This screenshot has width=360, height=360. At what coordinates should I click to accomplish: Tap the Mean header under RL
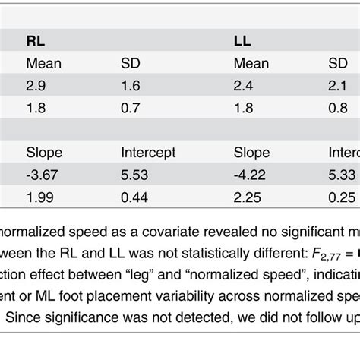pyautogui.click(x=42, y=64)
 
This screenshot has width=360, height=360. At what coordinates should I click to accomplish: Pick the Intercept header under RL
pyautogui.click(x=148, y=153)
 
